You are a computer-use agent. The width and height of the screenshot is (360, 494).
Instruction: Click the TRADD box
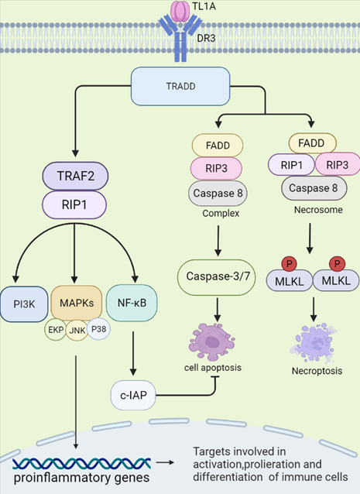click(x=180, y=86)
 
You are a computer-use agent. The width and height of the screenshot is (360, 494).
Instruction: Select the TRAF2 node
click(x=75, y=176)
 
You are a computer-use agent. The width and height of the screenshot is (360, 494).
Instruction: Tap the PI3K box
click(x=24, y=304)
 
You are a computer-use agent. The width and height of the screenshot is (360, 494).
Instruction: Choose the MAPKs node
click(x=77, y=303)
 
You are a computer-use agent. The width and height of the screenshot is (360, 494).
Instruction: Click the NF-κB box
click(x=132, y=303)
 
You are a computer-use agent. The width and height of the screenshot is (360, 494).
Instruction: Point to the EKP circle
click(x=56, y=330)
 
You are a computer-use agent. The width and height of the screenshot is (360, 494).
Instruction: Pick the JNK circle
click(x=77, y=330)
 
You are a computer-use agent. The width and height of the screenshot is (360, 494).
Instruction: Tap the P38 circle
click(x=98, y=329)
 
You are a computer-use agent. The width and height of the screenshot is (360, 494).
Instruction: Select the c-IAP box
click(x=133, y=395)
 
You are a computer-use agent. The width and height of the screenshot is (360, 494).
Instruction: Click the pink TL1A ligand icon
click(x=180, y=12)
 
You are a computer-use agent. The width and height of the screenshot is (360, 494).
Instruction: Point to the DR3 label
click(x=206, y=38)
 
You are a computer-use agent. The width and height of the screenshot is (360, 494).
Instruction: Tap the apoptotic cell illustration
click(x=211, y=342)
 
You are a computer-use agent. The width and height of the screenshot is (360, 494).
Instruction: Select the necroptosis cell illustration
click(x=314, y=343)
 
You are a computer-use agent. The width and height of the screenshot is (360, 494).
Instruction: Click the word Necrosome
click(x=318, y=210)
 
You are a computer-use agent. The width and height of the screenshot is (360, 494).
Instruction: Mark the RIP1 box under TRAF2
click(x=74, y=204)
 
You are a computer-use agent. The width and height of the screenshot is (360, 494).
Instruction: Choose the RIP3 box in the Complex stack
click(x=216, y=168)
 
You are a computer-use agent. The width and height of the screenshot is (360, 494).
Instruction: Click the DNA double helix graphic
click(x=82, y=464)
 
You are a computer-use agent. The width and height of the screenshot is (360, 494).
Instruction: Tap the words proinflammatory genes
click(x=82, y=478)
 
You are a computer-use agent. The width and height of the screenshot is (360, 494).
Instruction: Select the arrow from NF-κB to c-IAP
click(x=133, y=353)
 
